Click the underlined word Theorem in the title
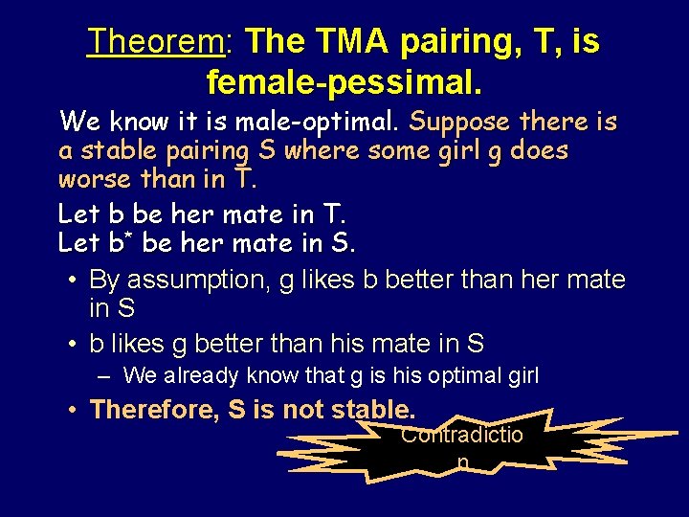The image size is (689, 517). tap(156, 41)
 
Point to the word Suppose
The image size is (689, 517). tap(459, 122)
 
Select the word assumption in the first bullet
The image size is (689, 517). tap(186, 280)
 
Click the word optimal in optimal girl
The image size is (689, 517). tap(469, 375)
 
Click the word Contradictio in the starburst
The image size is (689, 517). tap(462, 436)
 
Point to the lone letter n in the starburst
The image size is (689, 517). tap(463, 462)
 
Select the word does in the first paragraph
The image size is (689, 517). tap(542, 150)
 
